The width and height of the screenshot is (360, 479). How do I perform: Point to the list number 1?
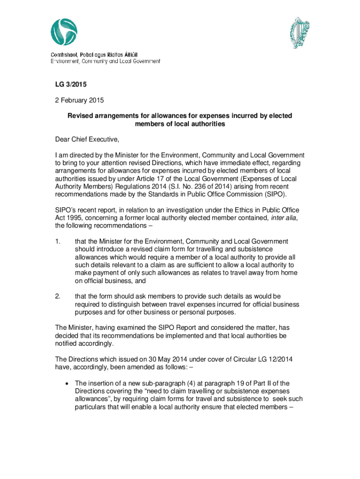click(57, 241)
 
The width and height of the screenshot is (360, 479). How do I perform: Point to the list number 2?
click(57, 297)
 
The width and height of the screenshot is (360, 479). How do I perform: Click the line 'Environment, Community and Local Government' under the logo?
click(105, 61)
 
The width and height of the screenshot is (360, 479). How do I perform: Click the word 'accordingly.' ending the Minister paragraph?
click(96, 344)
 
